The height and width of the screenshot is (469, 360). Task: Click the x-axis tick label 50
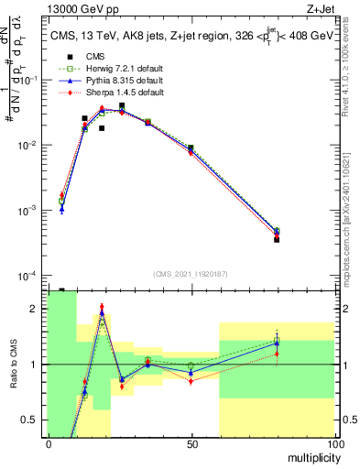191,443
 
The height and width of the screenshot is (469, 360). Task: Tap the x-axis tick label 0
48,443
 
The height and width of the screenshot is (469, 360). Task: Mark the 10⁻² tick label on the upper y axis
30,146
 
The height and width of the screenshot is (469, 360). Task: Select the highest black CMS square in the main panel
122,105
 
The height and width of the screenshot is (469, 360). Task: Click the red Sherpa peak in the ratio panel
102,307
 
